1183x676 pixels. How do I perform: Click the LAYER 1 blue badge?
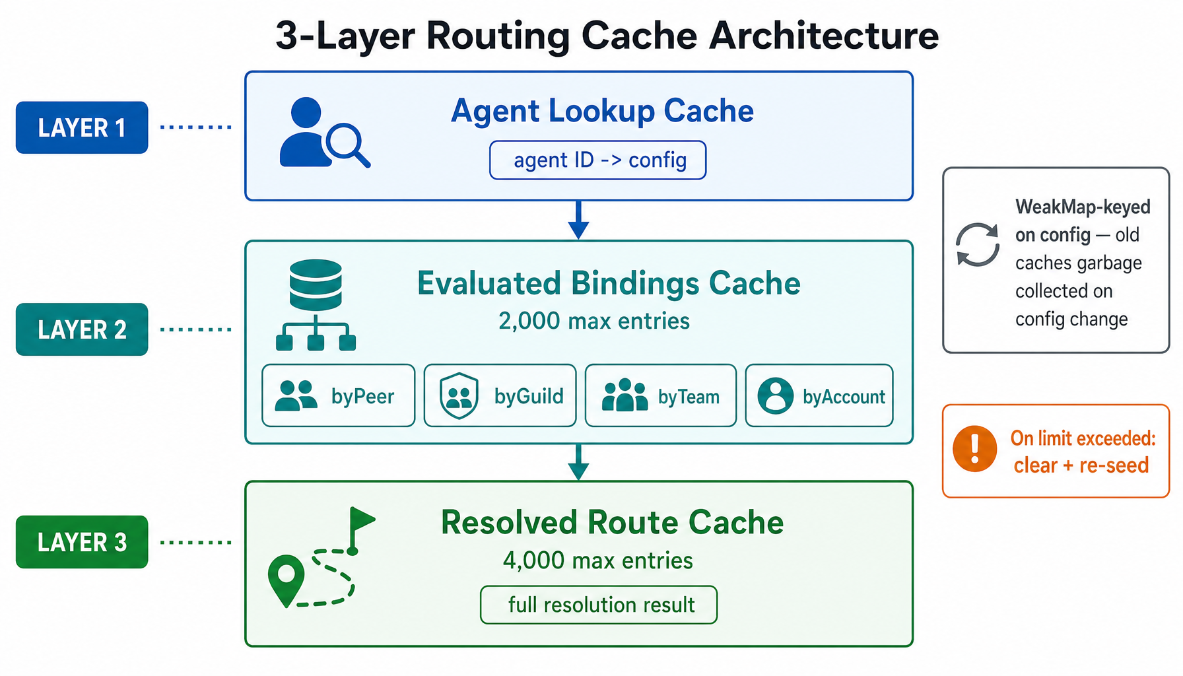82,127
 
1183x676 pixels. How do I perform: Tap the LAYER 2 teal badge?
82,329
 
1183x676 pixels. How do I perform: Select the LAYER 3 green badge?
82,542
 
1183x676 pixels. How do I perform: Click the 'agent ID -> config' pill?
597,160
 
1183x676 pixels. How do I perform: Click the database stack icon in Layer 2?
316,285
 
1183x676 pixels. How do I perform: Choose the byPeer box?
338,396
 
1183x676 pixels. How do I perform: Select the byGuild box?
500,396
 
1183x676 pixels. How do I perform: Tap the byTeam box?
660,396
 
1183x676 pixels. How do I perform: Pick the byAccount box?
819,396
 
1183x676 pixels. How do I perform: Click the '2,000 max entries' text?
593,321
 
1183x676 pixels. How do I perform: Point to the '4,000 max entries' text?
597,560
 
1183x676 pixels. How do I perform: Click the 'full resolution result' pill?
598,605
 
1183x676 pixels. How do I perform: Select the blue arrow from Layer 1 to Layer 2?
578,220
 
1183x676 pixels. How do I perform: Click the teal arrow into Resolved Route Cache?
578,461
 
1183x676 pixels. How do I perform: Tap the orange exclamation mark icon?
974,449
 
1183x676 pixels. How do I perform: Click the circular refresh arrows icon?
978,244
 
